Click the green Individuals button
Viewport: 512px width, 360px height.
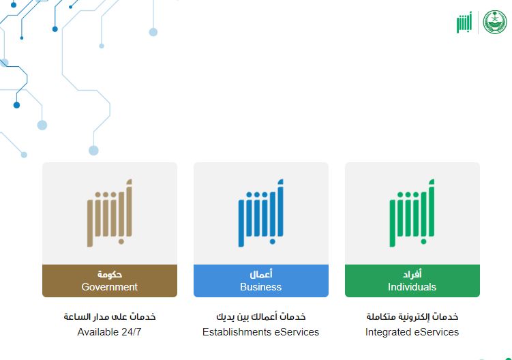(x=412, y=281)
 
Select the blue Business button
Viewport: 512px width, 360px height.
(x=260, y=281)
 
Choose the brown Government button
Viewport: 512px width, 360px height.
(x=109, y=281)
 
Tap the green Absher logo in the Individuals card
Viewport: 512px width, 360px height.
(x=412, y=213)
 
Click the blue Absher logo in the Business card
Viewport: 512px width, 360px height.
(x=260, y=213)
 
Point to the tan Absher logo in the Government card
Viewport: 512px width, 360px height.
(x=109, y=213)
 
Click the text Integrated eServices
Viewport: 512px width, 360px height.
(x=412, y=332)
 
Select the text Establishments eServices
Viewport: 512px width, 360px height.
(x=260, y=332)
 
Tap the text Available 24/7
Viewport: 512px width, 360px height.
(x=109, y=332)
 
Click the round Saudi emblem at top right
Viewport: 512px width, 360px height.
(x=495, y=22)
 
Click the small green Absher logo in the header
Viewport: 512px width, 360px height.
(x=464, y=22)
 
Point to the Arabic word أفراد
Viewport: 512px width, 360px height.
(x=412, y=274)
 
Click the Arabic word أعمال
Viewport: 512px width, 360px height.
(x=261, y=274)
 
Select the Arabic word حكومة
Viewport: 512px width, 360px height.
(x=110, y=274)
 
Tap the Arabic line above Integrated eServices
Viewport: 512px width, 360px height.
(x=412, y=317)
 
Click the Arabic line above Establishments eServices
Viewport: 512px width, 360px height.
(x=260, y=317)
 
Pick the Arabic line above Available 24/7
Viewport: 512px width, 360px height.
(x=109, y=317)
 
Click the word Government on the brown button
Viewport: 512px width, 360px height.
(x=109, y=287)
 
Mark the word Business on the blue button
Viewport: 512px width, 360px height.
(x=260, y=287)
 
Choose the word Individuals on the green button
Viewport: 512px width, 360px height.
(x=412, y=287)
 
